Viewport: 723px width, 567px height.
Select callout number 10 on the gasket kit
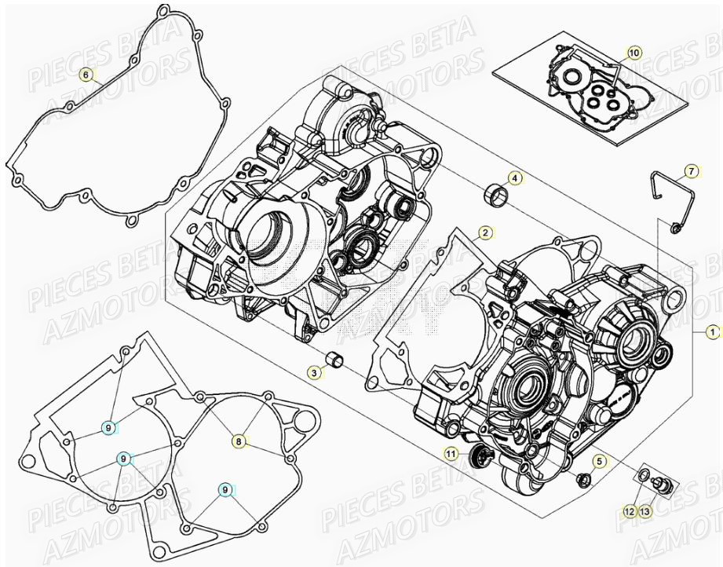[634, 53]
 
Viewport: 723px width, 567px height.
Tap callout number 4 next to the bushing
[514, 178]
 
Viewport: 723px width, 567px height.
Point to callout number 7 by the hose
[691, 170]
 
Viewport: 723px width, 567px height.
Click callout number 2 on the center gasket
[486, 232]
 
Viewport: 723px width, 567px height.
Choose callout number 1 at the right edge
[712, 331]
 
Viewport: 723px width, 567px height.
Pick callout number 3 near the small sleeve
[314, 374]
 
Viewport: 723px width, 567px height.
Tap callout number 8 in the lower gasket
[239, 441]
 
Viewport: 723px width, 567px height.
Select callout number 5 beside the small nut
[600, 462]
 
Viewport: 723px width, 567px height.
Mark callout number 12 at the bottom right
[629, 511]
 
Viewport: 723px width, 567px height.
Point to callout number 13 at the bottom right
[644, 511]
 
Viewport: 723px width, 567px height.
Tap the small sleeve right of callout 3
[337, 363]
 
